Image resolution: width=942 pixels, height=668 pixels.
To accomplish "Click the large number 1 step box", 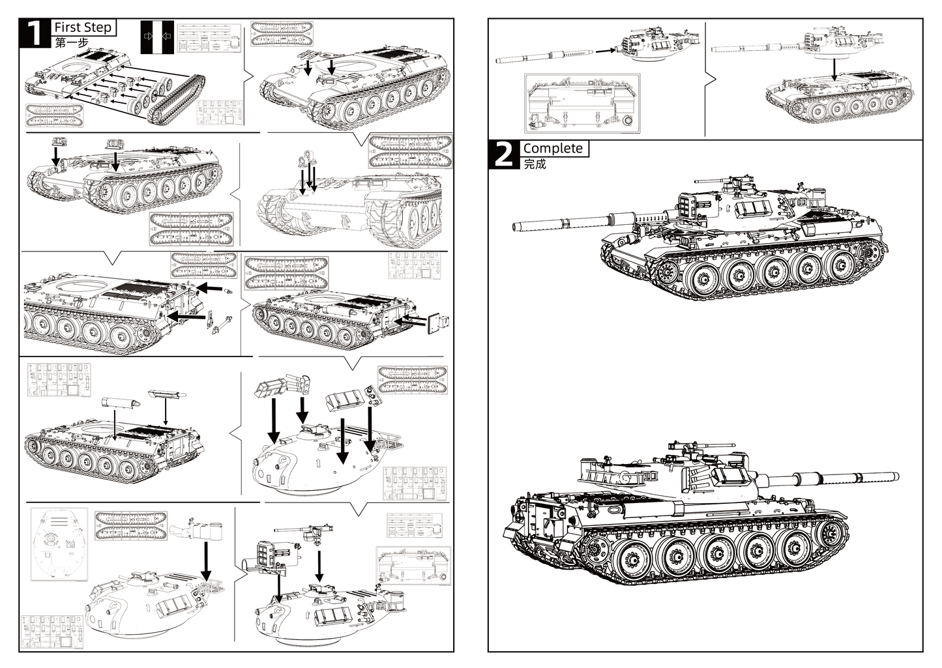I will [35, 33].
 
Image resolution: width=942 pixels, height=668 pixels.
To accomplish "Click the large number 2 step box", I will [503, 154].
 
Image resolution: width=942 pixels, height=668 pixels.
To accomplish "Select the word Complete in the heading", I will [553, 149].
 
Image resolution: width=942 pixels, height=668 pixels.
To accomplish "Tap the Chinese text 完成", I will [535, 164].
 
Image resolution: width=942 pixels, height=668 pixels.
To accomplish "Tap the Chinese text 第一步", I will [70, 43].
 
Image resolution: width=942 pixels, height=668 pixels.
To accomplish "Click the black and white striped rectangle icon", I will [157, 37].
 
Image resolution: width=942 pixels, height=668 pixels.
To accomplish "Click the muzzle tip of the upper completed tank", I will [516, 227].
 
